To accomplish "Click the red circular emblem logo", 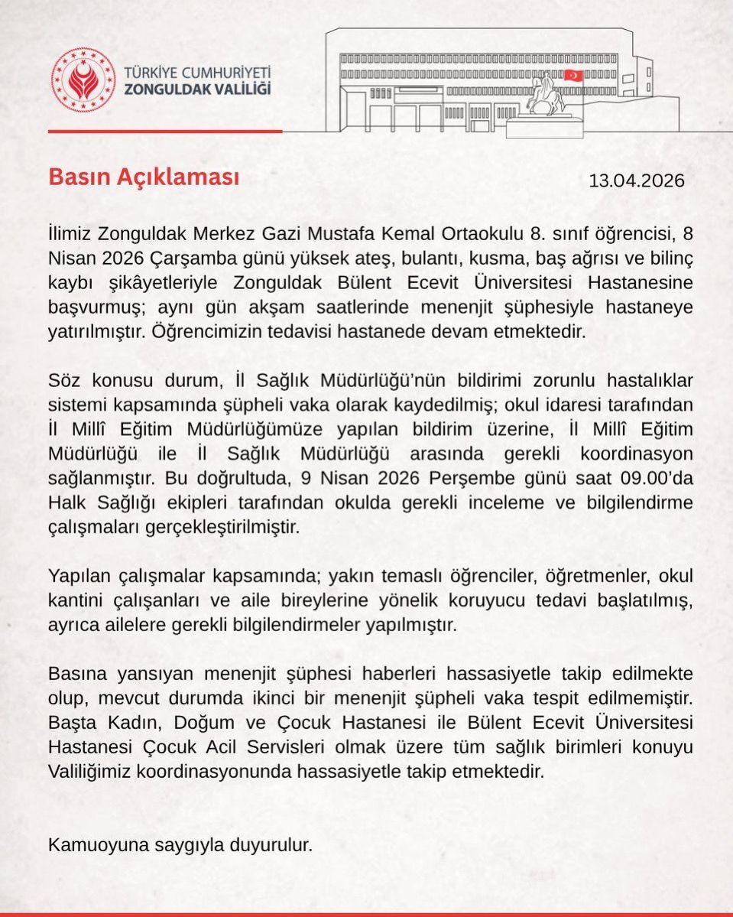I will [x=83, y=80].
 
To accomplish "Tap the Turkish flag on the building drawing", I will [x=572, y=76].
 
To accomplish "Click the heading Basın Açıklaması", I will [x=144, y=177].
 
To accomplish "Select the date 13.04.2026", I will [x=636, y=181].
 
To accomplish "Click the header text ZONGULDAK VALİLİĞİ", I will [x=197, y=89].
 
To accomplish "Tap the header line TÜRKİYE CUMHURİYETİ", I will [x=197, y=73].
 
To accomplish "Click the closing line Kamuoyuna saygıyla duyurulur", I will [x=180, y=846].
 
